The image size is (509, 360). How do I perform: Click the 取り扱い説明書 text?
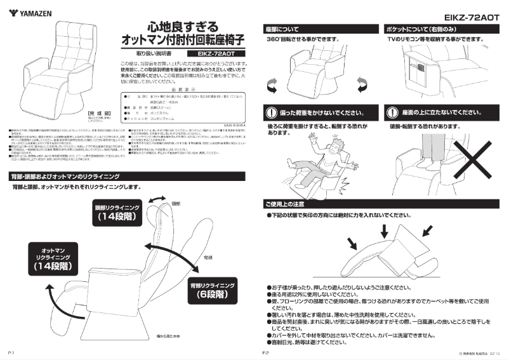tap(147, 54)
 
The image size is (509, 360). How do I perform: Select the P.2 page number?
tap(267, 351)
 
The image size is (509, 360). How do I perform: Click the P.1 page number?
tap(11, 351)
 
